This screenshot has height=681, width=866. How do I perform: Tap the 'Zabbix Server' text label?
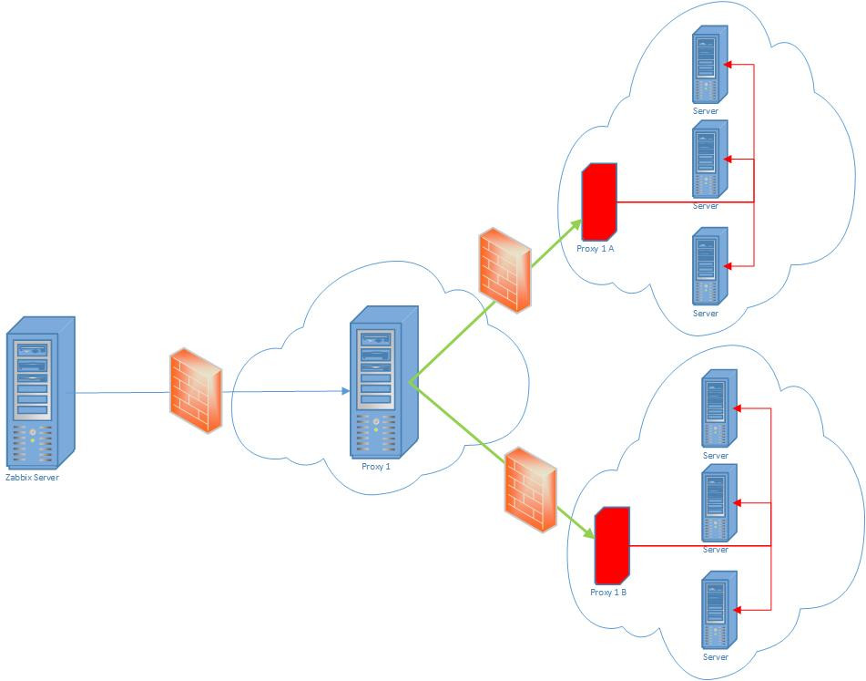32,477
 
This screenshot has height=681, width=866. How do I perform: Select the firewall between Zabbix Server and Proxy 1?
196,390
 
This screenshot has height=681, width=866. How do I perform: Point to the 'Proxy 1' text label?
376,467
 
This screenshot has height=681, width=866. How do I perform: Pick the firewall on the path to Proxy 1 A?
504,271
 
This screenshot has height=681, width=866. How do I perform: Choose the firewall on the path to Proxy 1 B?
531,490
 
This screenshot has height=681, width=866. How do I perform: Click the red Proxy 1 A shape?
599,200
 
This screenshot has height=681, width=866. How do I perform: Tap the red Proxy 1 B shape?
611,546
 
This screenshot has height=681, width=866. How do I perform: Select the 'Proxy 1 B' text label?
608,593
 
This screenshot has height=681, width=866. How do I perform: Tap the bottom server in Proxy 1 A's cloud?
708,265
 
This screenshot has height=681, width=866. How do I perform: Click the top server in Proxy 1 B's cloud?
718,409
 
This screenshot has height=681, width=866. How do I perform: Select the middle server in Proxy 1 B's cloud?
718,503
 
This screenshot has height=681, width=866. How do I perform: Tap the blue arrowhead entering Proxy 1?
345,391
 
